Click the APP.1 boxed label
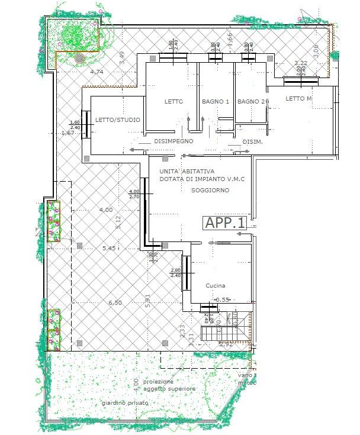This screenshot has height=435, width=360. [225, 223]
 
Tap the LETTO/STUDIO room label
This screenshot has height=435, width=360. [118, 120]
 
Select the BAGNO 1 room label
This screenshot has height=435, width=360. [215, 102]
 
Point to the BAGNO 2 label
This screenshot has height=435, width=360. [253, 102]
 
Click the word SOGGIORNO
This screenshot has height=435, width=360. [210, 191]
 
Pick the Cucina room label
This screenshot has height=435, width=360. [216, 285]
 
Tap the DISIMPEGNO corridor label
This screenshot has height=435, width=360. [174, 142]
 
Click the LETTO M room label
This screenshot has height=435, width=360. [298, 98]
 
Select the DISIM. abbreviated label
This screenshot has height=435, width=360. [252, 142]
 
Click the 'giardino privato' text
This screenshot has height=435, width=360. [125, 403]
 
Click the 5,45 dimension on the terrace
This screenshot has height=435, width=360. [108, 249]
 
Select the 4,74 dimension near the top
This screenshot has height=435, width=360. [97, 72]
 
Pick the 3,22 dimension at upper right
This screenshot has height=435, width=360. [301, 63]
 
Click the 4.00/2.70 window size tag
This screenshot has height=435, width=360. [134, 195]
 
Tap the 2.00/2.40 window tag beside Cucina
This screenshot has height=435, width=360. [176, 272]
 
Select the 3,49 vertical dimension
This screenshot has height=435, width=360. [122, 57]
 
